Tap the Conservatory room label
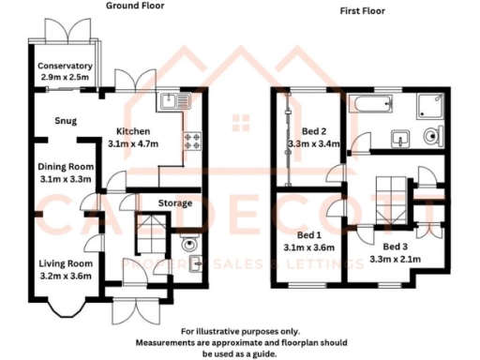65,67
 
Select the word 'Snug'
65,120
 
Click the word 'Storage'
174,203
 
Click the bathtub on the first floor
372,105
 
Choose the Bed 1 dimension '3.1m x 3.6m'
309,247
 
